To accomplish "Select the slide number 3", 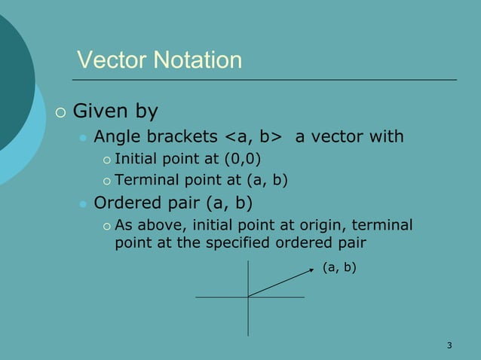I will pos(449,346).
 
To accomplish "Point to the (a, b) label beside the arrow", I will pos(339,267).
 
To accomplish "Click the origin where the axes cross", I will pos(249,297).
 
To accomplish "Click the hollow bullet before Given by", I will pos(61,114).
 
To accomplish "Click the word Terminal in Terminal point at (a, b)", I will pos(143,180).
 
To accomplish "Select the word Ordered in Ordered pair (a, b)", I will pos(121,203).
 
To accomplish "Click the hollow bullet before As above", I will pos(106,226).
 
